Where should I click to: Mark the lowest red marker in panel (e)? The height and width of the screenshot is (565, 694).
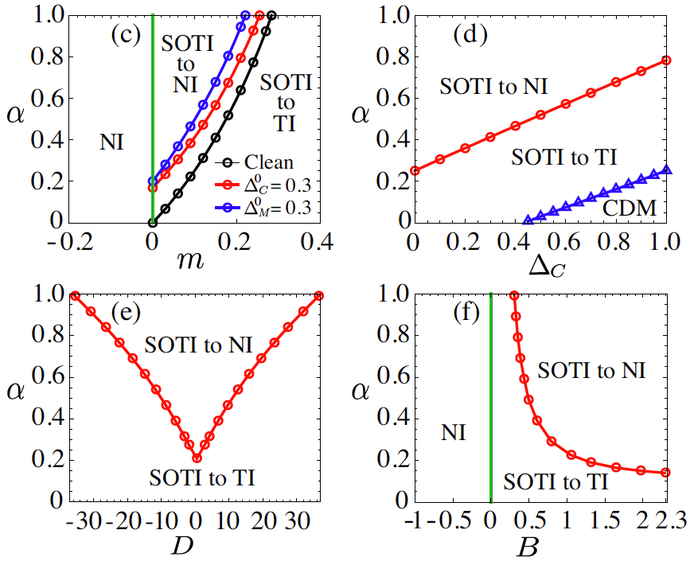(197, 458)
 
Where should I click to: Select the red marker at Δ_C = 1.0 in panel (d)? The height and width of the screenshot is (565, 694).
(667, 60)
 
